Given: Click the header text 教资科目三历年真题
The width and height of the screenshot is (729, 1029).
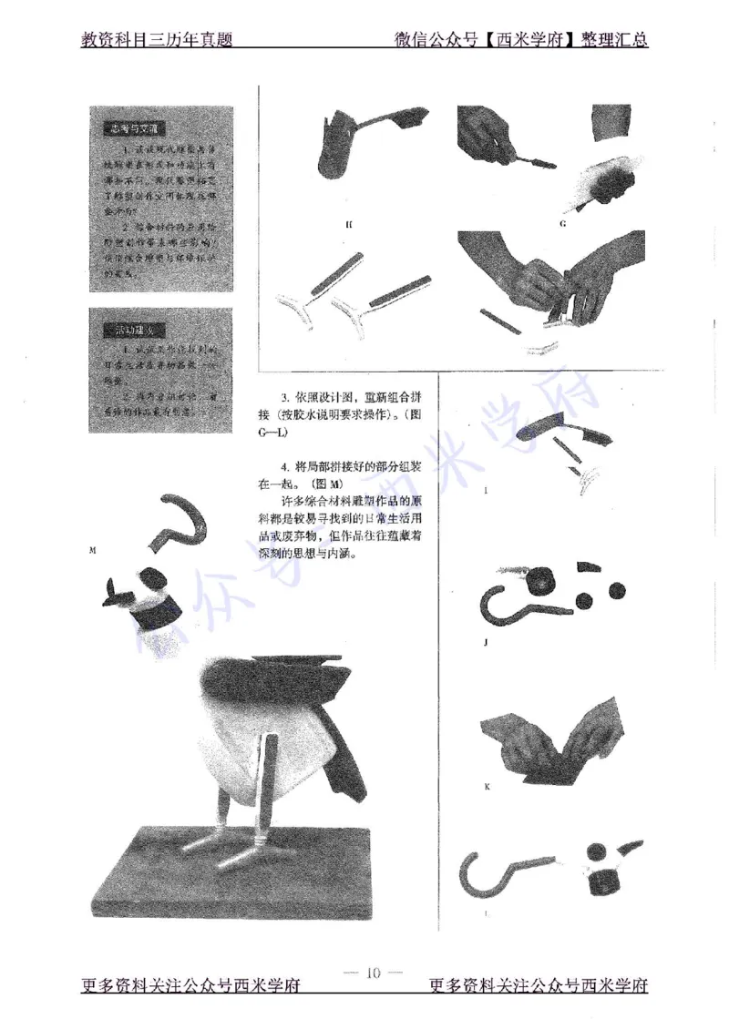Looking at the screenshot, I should tap(157, 40).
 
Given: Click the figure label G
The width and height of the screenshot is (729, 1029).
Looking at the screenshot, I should tap(563, 221).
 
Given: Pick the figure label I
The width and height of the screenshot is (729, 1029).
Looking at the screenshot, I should tap(486, 490).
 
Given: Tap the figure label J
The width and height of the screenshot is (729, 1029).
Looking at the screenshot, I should tap(487, 642).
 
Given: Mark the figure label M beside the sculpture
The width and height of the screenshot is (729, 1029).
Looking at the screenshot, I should tap(93, 550).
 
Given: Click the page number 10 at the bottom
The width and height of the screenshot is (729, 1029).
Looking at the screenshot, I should tap(373, 972).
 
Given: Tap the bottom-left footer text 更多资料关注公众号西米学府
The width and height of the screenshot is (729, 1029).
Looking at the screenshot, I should tap(191, 987).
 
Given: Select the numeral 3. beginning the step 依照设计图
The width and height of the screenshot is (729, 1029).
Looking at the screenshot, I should tap(286, 397).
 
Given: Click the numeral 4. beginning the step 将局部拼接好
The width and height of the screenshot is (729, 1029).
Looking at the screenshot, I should tap(286, 467).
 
